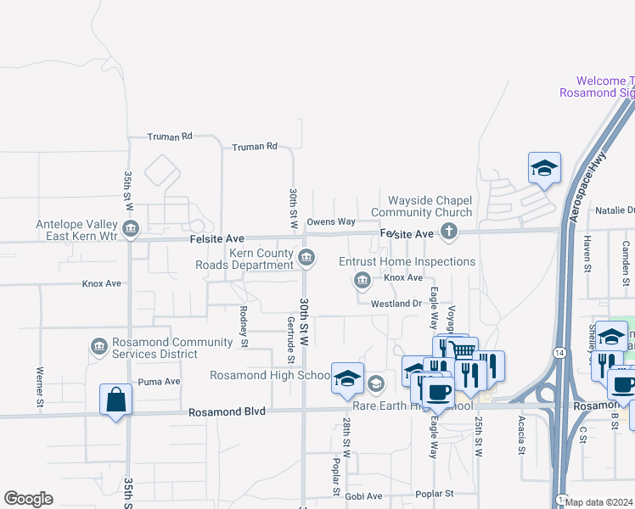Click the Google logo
28,499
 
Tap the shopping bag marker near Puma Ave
115,400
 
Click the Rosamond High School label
271,375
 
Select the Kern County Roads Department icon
307,257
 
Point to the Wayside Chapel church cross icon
449,232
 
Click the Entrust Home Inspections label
407,262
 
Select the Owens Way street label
330,222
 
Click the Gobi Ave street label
363,495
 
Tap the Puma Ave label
160,382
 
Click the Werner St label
40,386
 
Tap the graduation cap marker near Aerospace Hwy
544,168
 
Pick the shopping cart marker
463,350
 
